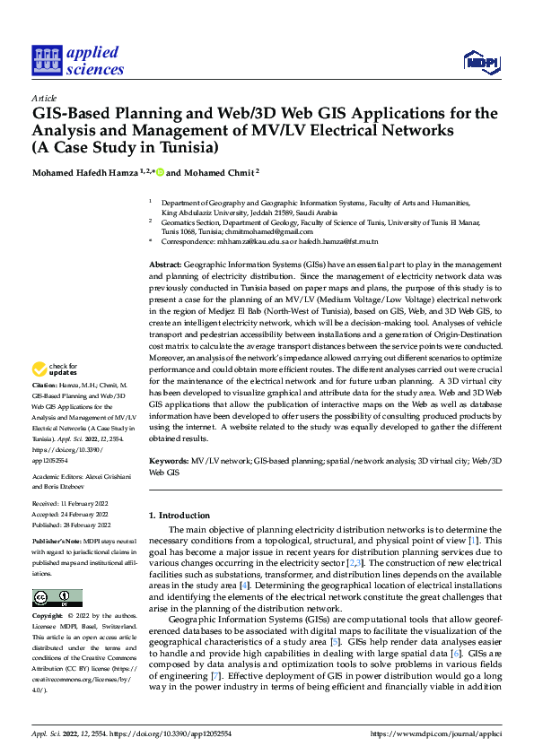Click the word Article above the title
[44, 98]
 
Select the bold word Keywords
[168, 459]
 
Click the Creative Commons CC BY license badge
[57, 597]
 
